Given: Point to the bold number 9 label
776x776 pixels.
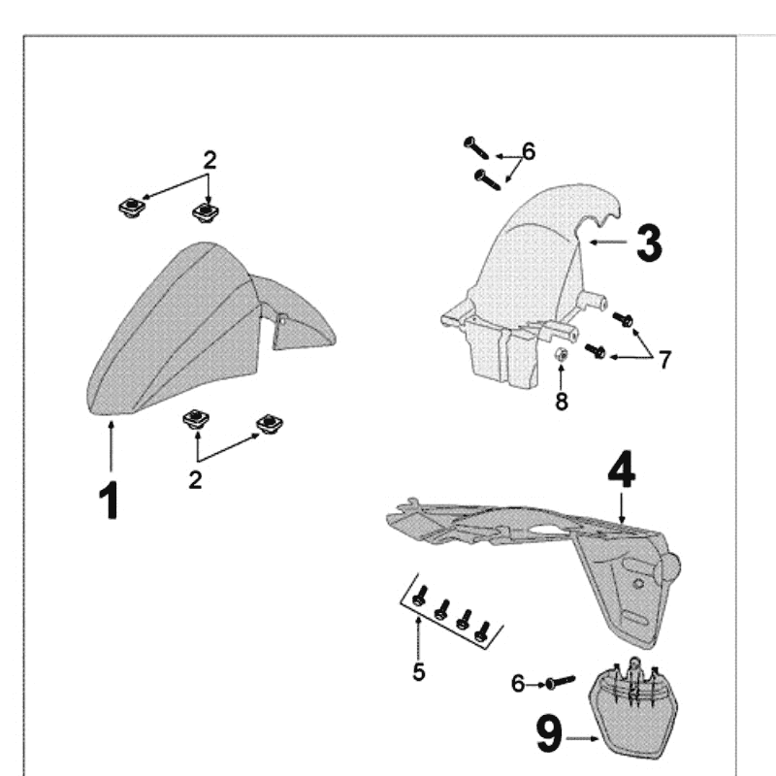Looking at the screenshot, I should pos(549,734).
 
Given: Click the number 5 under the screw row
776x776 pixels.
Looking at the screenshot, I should pos(419,671).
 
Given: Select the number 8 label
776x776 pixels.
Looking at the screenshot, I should pos(562,401).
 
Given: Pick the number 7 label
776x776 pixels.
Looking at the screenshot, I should pos(664,360).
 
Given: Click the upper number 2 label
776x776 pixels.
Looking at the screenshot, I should pos(209,158).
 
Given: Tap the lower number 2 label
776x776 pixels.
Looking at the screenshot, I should pos(196,479).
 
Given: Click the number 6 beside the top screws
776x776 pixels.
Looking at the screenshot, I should pos(528,151).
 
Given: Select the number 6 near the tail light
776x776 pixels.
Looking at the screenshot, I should pos(518,685).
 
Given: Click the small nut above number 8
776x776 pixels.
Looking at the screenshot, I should pos(561,356).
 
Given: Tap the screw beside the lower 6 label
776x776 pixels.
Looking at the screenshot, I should pos(559,683).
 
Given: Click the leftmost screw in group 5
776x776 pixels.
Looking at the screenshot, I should pos(419,598).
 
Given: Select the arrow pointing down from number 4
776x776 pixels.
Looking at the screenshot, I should pos(622,509).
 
